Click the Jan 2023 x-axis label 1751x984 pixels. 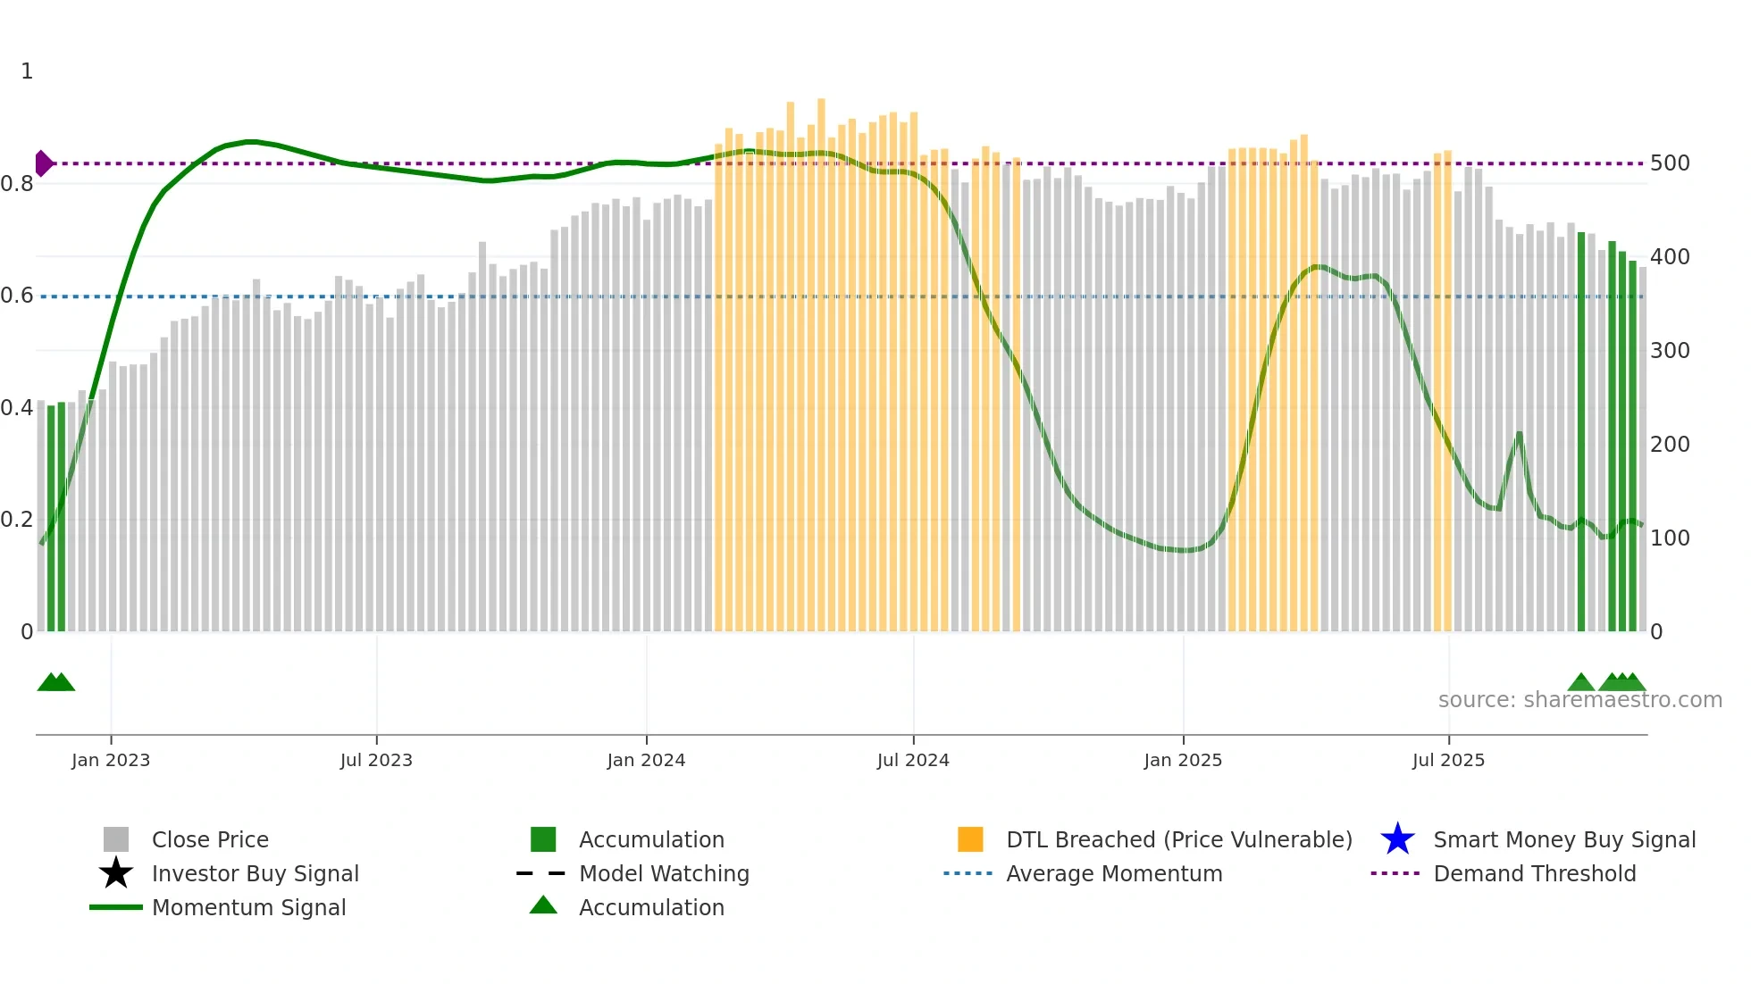111,760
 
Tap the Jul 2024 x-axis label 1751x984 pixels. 913,760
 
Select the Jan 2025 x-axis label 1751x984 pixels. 1183,760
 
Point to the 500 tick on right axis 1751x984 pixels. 1670,163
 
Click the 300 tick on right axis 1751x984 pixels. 1670,351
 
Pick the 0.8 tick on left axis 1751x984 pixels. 17,184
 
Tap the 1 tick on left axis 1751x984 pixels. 27,71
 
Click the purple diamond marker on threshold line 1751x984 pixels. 43,163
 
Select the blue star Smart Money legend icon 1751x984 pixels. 1397,839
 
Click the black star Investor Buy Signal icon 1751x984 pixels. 116,873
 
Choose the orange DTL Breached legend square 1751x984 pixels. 970,839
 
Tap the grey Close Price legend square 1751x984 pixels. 116,839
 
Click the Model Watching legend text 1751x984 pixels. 664,873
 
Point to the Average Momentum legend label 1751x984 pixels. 1114,873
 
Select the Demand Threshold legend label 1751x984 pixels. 1534,873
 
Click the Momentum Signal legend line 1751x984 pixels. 116,907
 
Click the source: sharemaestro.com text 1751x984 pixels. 1579,700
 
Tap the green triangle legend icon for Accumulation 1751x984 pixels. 543,905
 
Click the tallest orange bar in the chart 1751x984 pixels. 821,357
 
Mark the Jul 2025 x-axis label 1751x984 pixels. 1448,760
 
